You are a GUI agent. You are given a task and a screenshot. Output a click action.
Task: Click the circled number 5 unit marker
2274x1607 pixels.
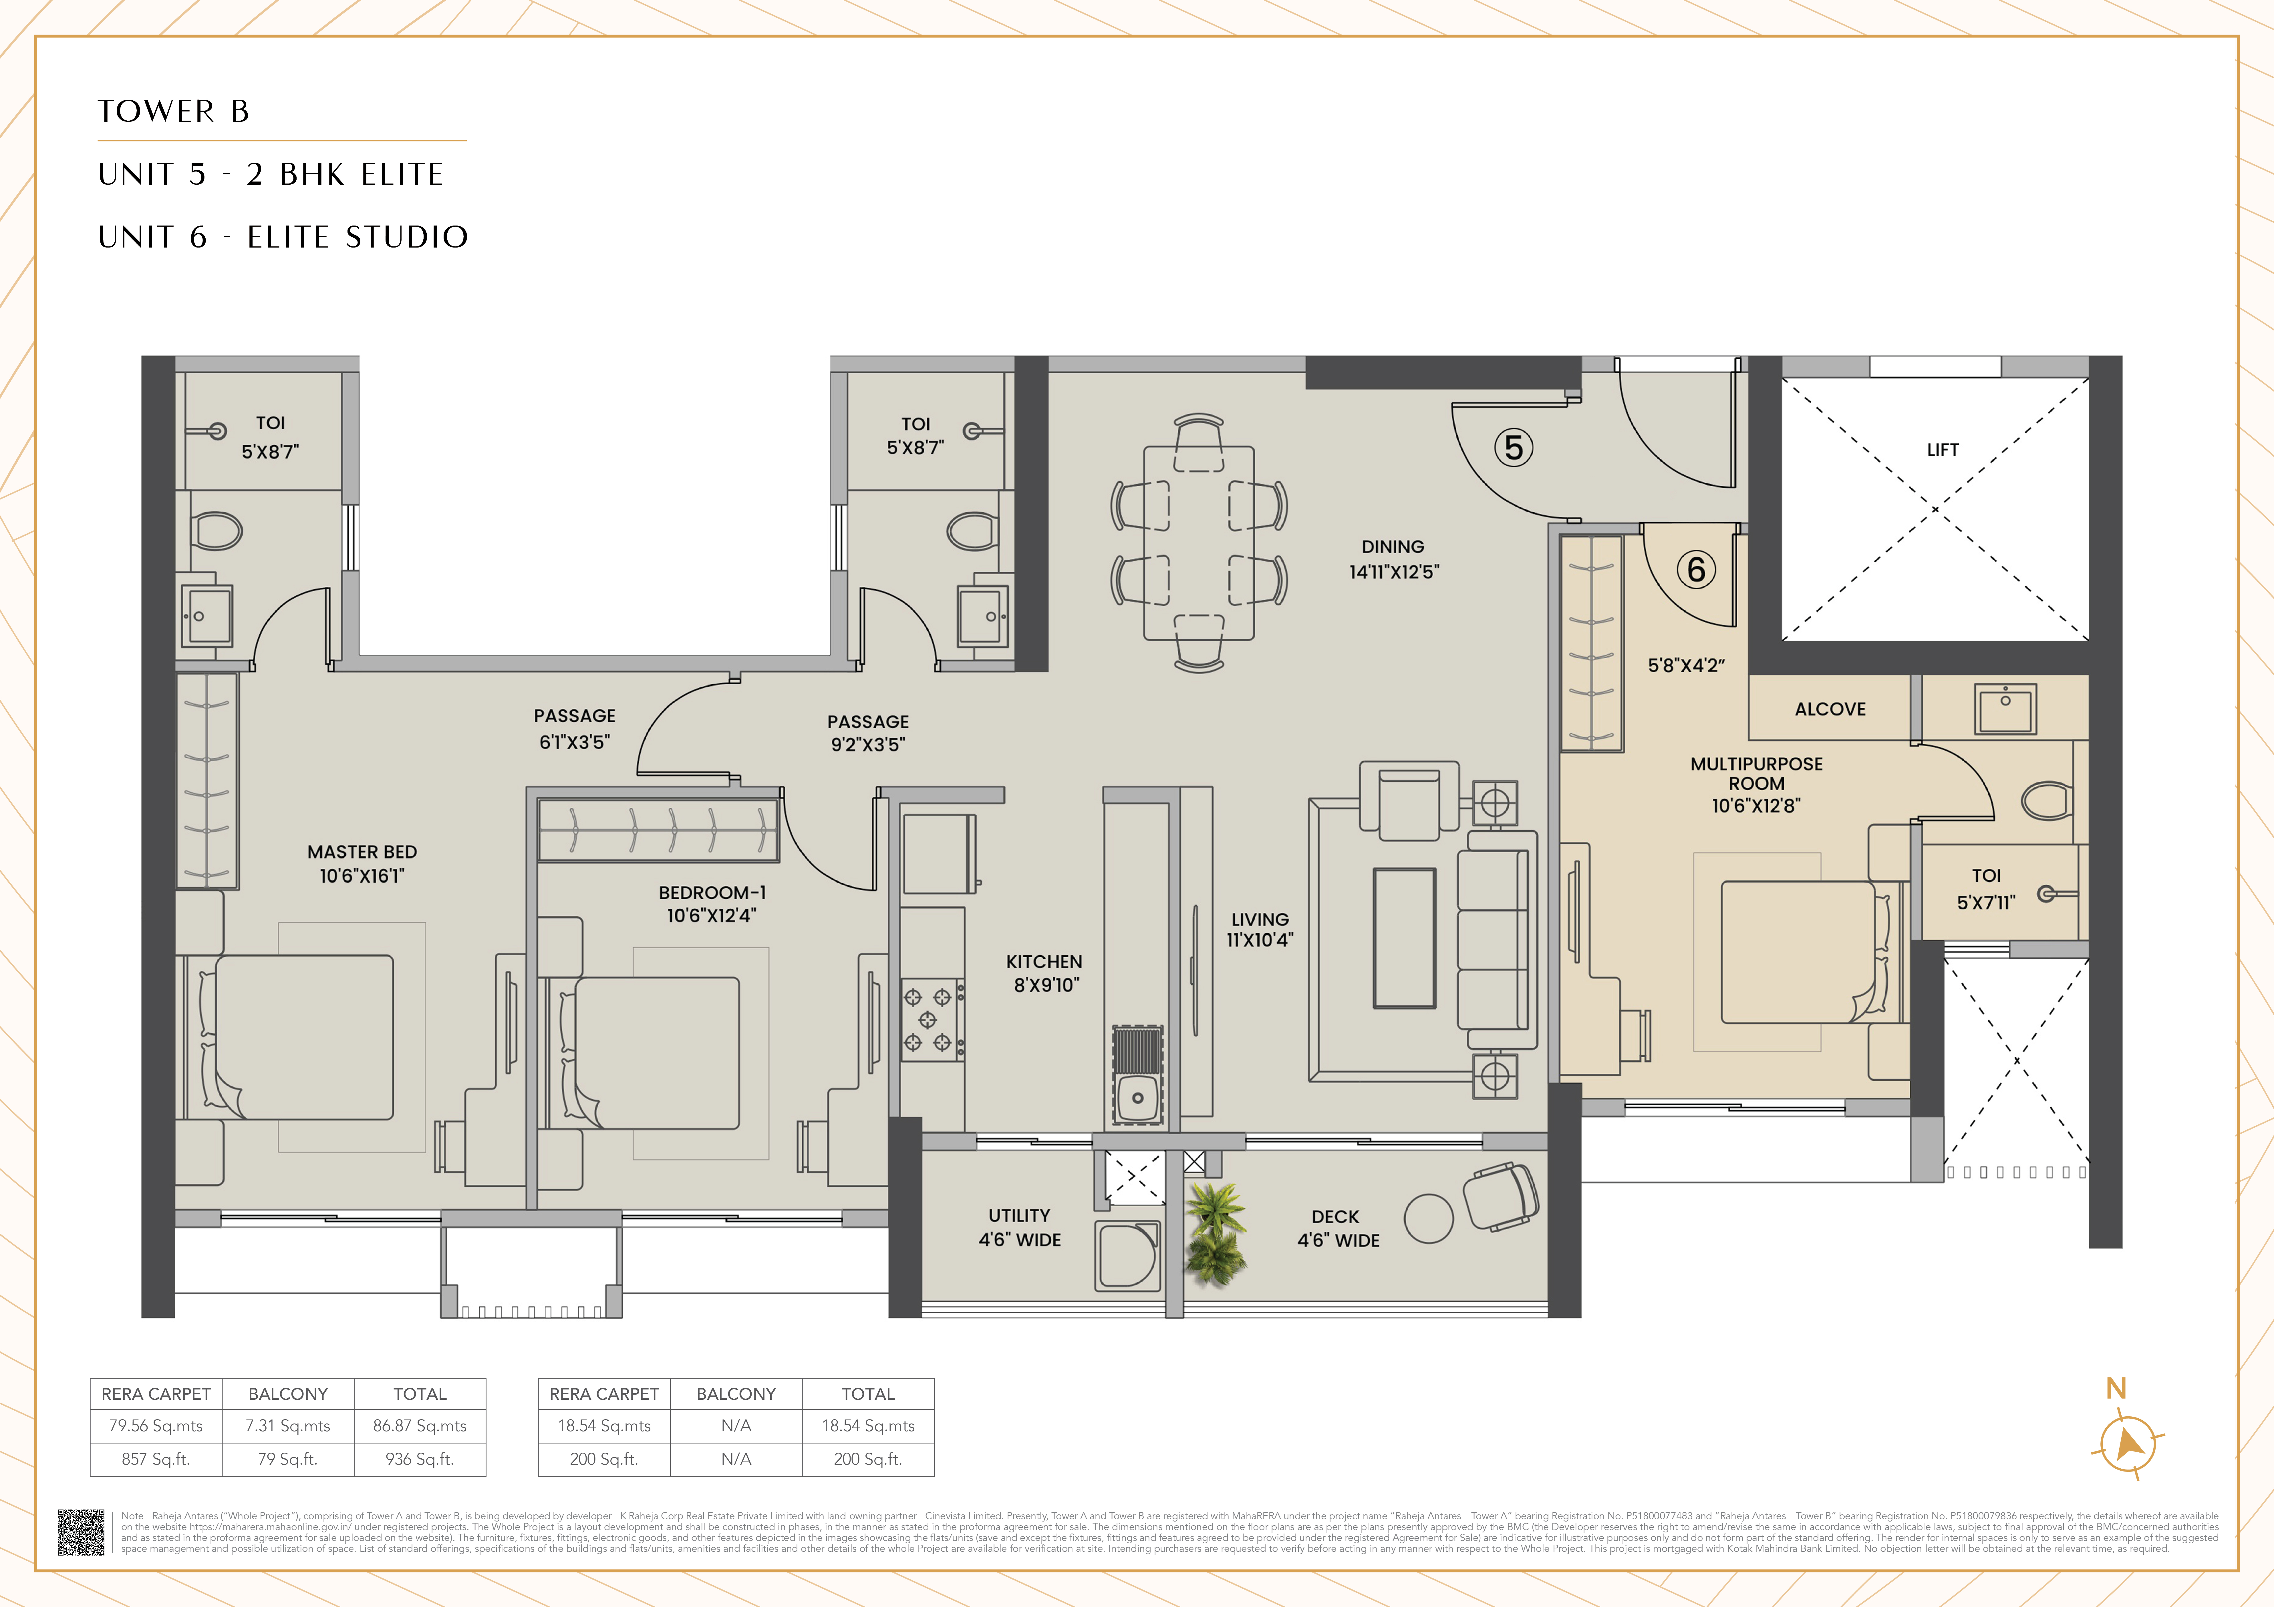pyautogui.click(x=1513, y=448)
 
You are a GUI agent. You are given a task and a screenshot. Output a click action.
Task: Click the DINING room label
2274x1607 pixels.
pyautogui.click(x=1393, y=547)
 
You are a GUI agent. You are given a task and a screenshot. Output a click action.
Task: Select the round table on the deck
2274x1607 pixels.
pyautogui.click(x=1428, y=1218)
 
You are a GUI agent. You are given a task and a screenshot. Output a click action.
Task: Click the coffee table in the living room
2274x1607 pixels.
pyautogui.click(x=1405, y=938)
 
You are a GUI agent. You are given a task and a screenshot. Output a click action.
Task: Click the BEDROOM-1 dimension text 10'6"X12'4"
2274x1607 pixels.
pyautogui.click(x=711, y=916)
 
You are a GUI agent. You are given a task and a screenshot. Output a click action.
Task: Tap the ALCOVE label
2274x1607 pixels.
pyautogui.click(x=1829, y=709)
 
